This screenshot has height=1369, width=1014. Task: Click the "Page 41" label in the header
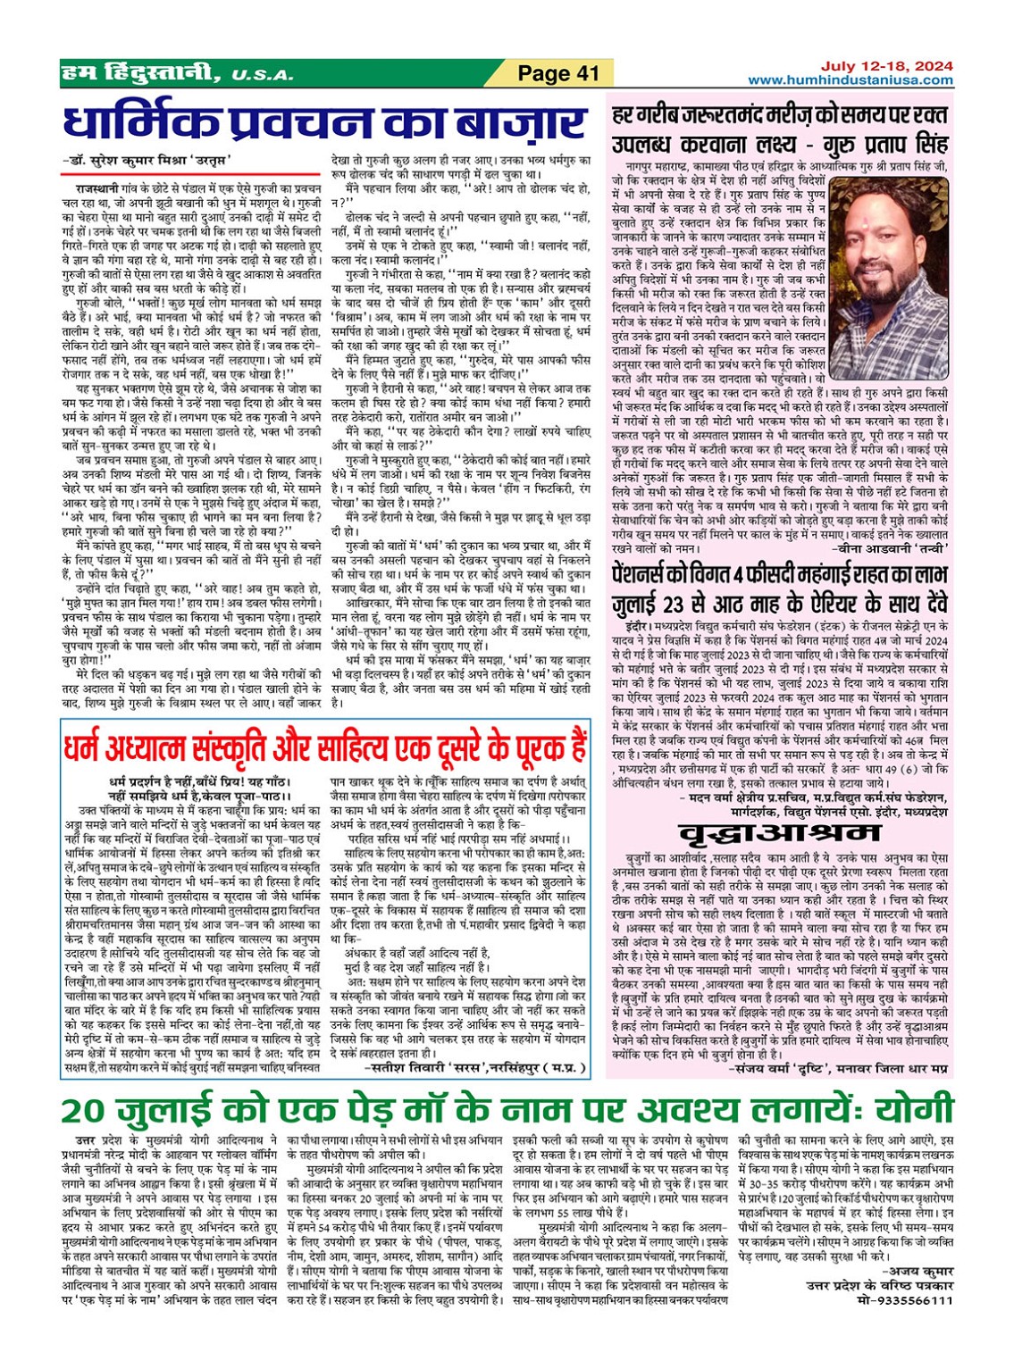pyautogui.click(x=558, y=73)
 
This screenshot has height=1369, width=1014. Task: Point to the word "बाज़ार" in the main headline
pyautogui.click(x=515, y=122)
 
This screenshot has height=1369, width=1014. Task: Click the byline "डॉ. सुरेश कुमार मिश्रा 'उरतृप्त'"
pyautogui.click(x=147, y=161)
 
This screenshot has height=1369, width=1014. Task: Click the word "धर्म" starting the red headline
pyautogui.click(x=84, y=745)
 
